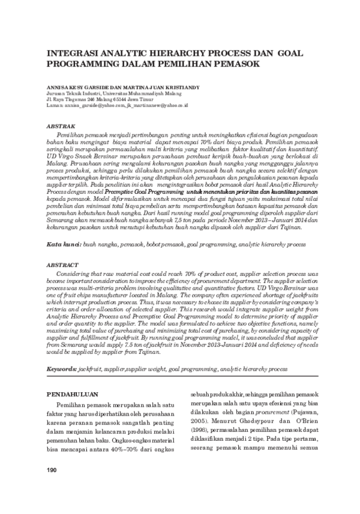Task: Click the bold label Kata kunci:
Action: tap(64, 246)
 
